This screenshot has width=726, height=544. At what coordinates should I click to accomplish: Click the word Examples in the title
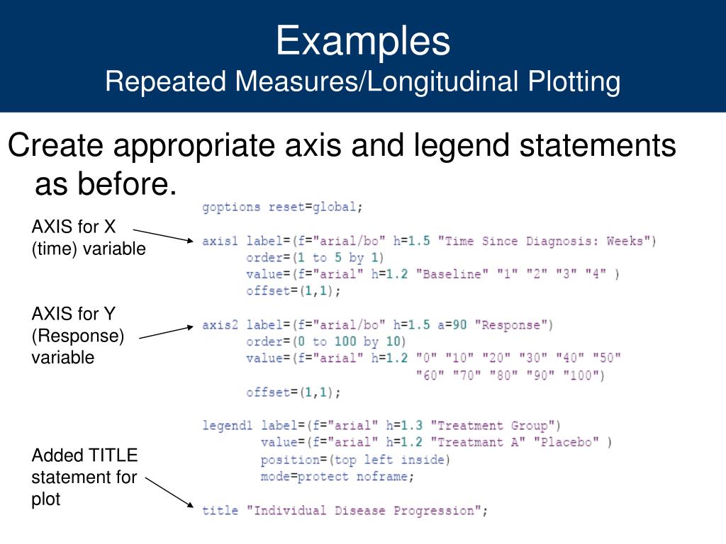click(362, 40)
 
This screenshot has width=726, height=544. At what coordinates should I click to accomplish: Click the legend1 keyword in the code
click(227, 426)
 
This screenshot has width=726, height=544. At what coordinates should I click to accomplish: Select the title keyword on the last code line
click(218, 510)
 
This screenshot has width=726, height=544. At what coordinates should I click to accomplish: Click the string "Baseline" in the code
click(451, 275)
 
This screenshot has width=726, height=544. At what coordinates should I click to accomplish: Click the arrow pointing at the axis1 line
click(163, 235)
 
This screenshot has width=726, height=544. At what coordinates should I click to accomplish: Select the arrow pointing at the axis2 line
click(167, 332)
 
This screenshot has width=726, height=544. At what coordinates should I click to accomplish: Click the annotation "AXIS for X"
click(73, 227)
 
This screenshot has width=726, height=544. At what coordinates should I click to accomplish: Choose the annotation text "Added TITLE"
click(84, 455)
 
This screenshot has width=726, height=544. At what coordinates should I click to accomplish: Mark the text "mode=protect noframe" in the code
click(335, 477)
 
